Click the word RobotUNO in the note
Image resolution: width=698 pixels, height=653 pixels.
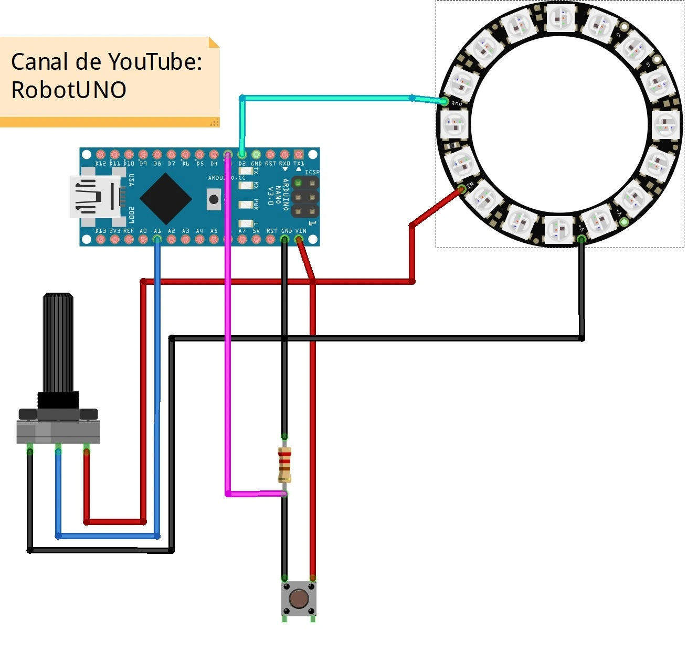pos(69,90)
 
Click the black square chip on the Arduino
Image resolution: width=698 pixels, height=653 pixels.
pos(165,198)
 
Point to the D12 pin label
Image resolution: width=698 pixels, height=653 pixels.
pos(100,164)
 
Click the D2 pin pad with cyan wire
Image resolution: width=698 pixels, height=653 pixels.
pos(242,154)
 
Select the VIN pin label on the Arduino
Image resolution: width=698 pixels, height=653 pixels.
pos(301,231)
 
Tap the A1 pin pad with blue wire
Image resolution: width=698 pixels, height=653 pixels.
pos(157,239)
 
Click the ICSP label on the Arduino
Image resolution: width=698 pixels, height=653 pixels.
pos(312,172)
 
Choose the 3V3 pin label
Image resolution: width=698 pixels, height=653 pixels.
pos(114,231)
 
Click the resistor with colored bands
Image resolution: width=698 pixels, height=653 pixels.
pos(284,465)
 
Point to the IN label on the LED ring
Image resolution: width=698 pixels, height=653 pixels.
pos(470,185)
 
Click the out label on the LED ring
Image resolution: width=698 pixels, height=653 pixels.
pos(457,104)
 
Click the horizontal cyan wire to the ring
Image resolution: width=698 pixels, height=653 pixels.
pos(325,98)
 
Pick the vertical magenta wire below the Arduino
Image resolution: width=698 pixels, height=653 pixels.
pos(228,367)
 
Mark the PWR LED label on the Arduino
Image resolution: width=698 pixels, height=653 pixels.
pos(256,204)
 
